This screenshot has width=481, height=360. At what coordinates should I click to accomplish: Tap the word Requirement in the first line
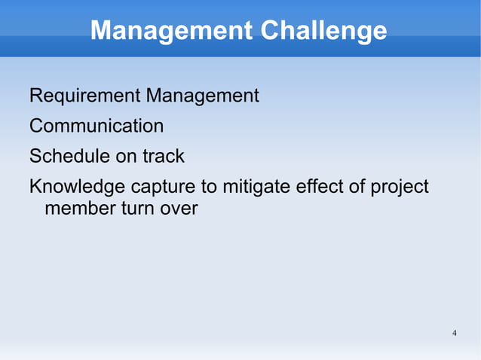84,96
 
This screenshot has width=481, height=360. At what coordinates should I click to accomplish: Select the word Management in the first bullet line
203,96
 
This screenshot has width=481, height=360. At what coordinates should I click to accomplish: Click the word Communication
96,126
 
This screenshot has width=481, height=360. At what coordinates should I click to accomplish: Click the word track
164,156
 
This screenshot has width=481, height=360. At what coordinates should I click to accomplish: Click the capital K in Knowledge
35,186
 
